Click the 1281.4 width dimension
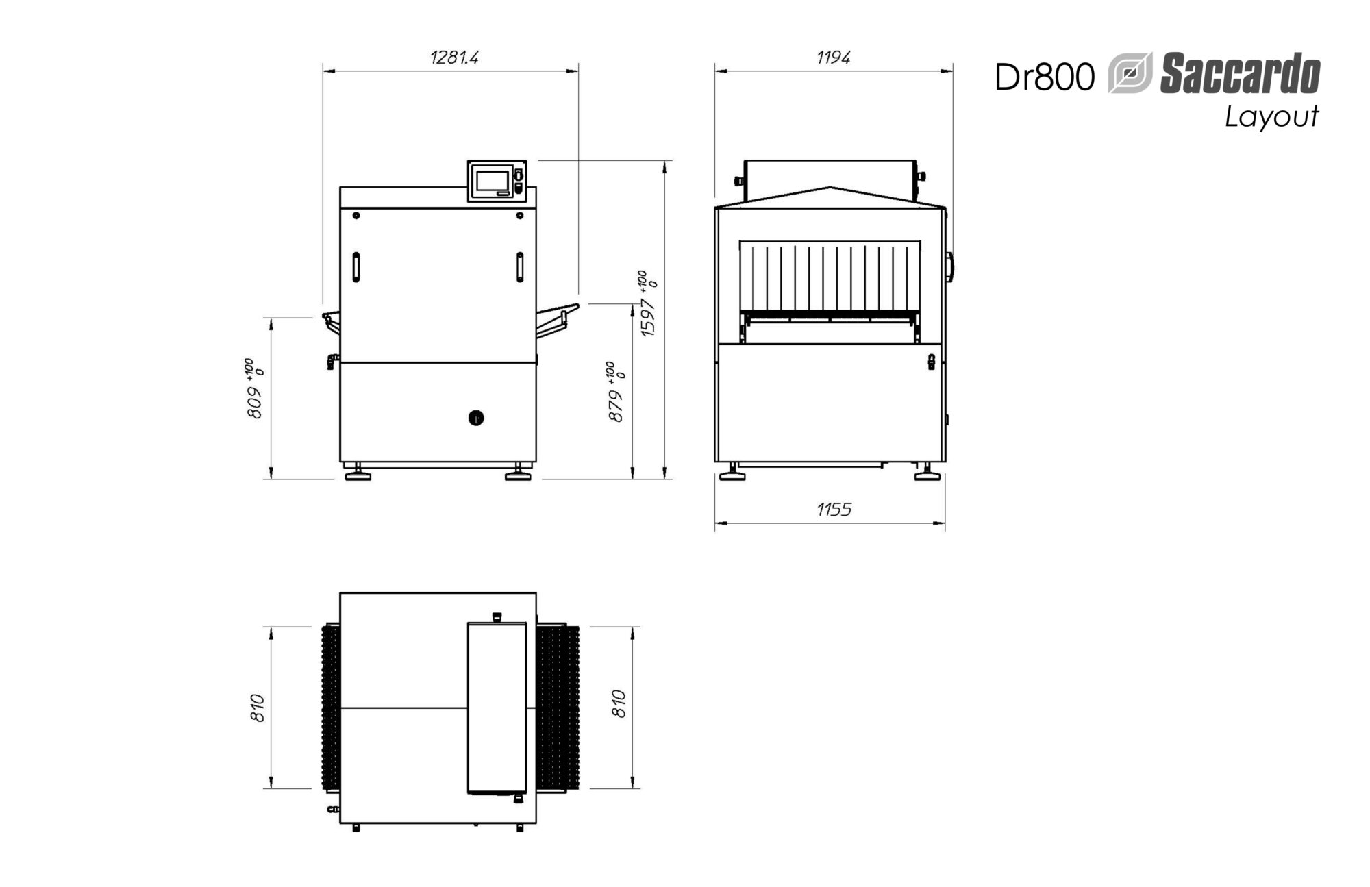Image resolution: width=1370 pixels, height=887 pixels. tap(454, 57)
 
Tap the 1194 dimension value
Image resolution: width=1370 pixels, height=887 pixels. tap(833, 57)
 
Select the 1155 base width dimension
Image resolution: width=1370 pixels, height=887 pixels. tap(834, 509)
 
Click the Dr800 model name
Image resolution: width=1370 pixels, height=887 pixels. tap(1045, 77)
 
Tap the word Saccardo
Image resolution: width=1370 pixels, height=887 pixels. tap(1240, 75)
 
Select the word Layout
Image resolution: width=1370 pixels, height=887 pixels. tap(1272, 117)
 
